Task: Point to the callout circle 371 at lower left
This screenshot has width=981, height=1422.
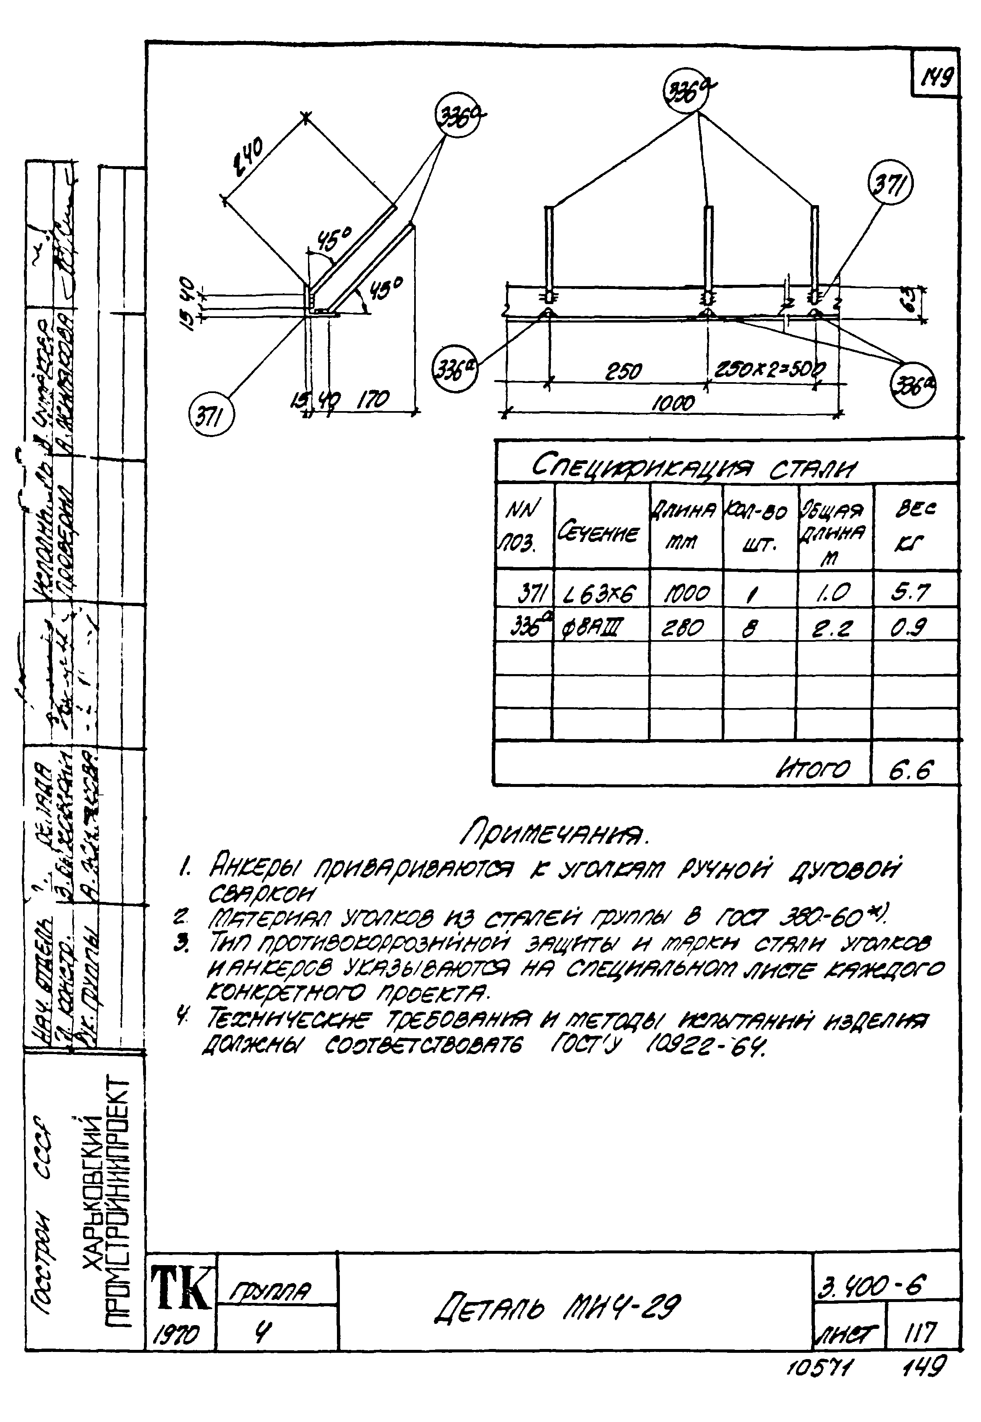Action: coord(211,419)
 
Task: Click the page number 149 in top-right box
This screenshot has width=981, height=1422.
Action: coord(935,78)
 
